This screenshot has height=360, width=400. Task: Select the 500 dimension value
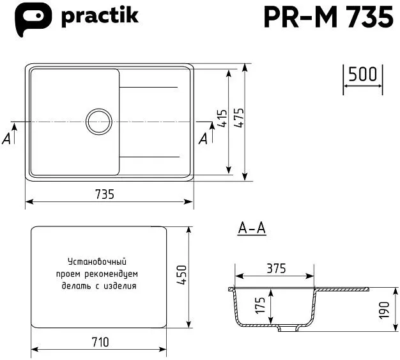363,75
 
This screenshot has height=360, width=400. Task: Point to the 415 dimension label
222,119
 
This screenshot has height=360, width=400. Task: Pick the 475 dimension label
238,119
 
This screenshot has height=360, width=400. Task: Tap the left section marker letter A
7,138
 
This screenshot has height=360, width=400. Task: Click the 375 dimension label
275,268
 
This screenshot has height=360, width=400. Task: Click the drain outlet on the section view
289,330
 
